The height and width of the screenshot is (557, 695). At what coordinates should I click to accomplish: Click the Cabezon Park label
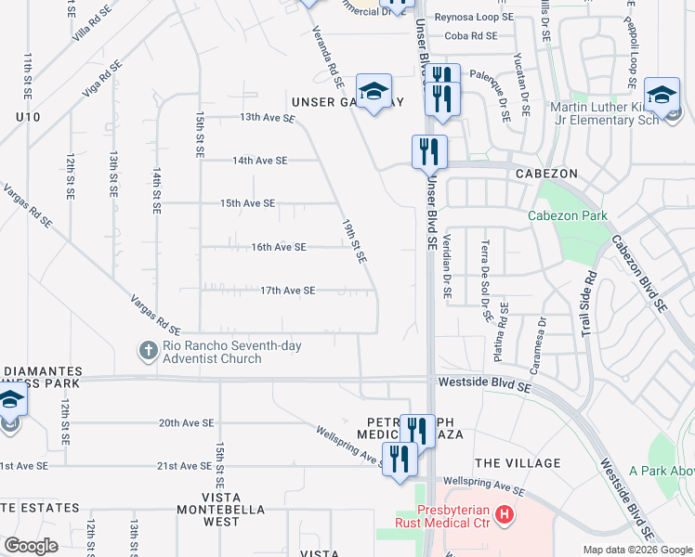(568, 216)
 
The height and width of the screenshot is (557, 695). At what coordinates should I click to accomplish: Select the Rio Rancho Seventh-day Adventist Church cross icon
(148, 352)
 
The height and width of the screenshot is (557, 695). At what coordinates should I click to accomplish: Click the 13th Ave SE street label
(267, 118)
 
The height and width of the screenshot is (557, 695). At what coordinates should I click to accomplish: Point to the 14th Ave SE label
(260, 161)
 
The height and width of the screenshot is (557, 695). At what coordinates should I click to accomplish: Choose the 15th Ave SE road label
(247, 203)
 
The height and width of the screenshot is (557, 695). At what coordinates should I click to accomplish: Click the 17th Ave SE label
(287, 291)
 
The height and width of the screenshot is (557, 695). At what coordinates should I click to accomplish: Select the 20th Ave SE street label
(186, 423)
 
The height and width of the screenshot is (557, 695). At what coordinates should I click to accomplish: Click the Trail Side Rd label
(587, 303)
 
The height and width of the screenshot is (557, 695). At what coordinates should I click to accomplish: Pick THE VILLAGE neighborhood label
(518, 463)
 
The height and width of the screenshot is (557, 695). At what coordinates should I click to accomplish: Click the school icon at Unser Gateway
(374, 91)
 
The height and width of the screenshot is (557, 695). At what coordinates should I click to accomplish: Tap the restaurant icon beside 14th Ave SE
(429, 151)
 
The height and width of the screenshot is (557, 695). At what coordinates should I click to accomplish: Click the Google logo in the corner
(32, 546)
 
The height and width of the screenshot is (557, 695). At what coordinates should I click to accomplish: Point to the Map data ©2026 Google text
(636, 550)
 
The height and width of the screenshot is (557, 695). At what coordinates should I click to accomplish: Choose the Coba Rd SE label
(471, 36)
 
